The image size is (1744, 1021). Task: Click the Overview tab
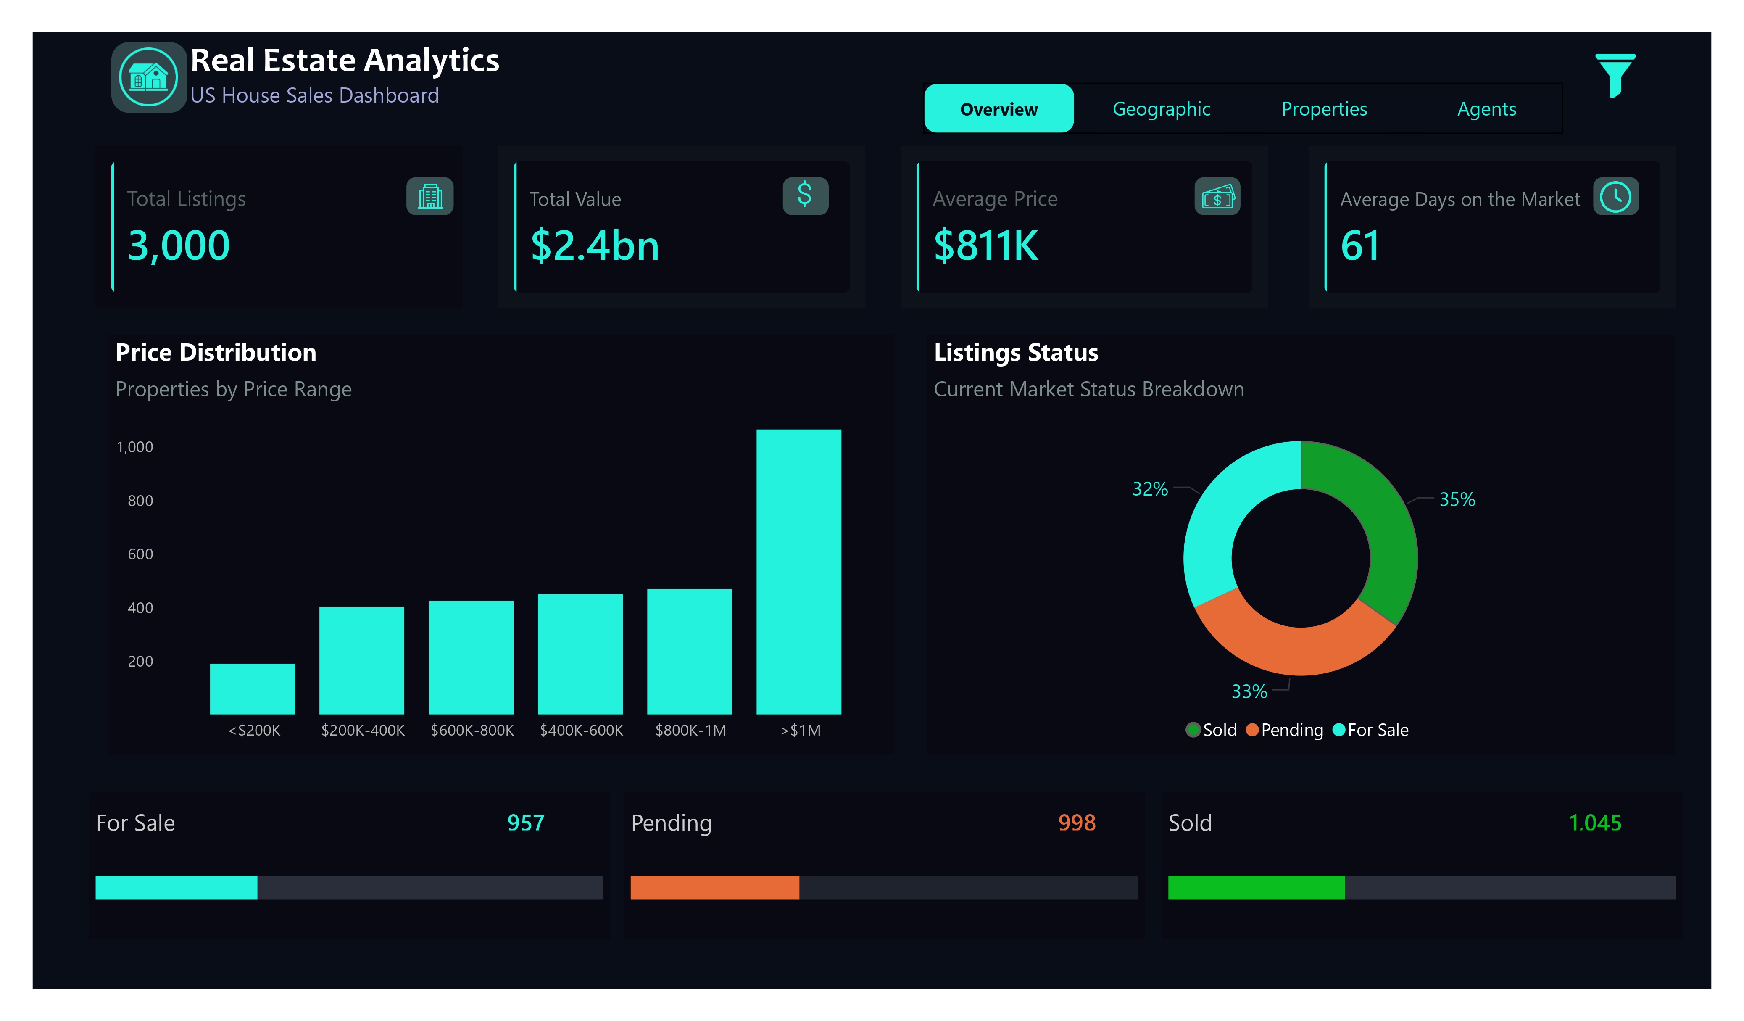(x=998, y=109)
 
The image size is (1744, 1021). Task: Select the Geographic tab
(x=1161, y=109)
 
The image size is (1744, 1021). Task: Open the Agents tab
(x=1486, y=109)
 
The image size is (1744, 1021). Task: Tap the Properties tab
(x=1323, y=109)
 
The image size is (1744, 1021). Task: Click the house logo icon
(x=148, y=77)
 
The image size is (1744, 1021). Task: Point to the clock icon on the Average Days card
(x=1615, y=197)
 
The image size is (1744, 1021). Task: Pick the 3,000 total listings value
(x=179, y=246)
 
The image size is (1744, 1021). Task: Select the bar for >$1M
(x=798, y=571)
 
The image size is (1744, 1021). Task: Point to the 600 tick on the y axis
(x=140, y=554)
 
